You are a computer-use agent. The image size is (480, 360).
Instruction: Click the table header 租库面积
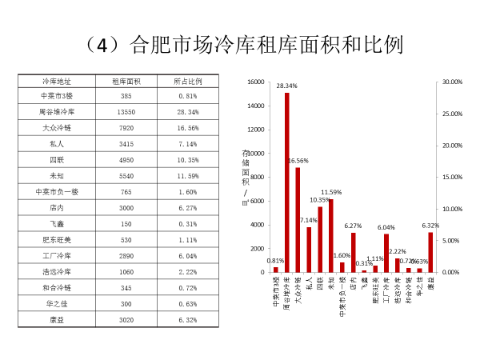point(126,82)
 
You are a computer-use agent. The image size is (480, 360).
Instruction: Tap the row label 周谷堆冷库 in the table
point(58,111)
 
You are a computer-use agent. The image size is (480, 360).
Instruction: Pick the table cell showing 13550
point(126,111)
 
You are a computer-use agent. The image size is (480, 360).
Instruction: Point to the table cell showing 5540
point(126,174)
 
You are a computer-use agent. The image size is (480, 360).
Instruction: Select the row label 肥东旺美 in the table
point(58,240)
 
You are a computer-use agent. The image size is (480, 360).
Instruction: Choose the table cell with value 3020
point(126,319)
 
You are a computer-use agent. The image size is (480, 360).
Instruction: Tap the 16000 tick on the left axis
point(255,82)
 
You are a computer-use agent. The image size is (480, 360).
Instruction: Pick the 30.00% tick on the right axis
point(452,82)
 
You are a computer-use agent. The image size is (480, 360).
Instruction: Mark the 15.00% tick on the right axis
point(452,177)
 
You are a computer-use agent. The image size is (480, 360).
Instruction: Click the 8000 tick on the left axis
point(258,177)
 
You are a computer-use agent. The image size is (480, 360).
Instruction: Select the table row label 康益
point(58,319)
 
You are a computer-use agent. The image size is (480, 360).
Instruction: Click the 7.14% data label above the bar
point(308,220)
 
